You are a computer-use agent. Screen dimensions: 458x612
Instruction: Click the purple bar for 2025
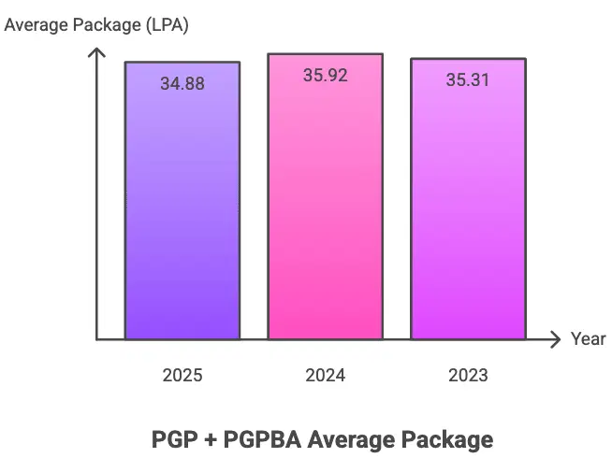click(x=182, y=206)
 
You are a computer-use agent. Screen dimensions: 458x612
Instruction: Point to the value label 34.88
click(x=182, y=83)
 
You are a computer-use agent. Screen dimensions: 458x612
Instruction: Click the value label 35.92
click(x=325, y=76)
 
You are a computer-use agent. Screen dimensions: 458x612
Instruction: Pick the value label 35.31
click(x=468, y=79)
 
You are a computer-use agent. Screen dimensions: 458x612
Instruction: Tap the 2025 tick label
click(x=182, y=376)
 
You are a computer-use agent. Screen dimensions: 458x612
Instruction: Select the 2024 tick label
click(x=325, y=376)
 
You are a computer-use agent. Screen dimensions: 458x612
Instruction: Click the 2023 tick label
click(x=468, y=376)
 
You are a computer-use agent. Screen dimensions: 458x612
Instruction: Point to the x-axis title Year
click(x=589, y=339)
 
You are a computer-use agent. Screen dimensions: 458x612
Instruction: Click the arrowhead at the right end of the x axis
click(x=557, y=339)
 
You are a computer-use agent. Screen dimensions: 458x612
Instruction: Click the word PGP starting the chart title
click(x=173, y=437)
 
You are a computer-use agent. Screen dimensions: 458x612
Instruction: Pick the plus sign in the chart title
click(x=208, y=437)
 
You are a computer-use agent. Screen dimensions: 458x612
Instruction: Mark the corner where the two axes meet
click(x=96, y=339)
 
